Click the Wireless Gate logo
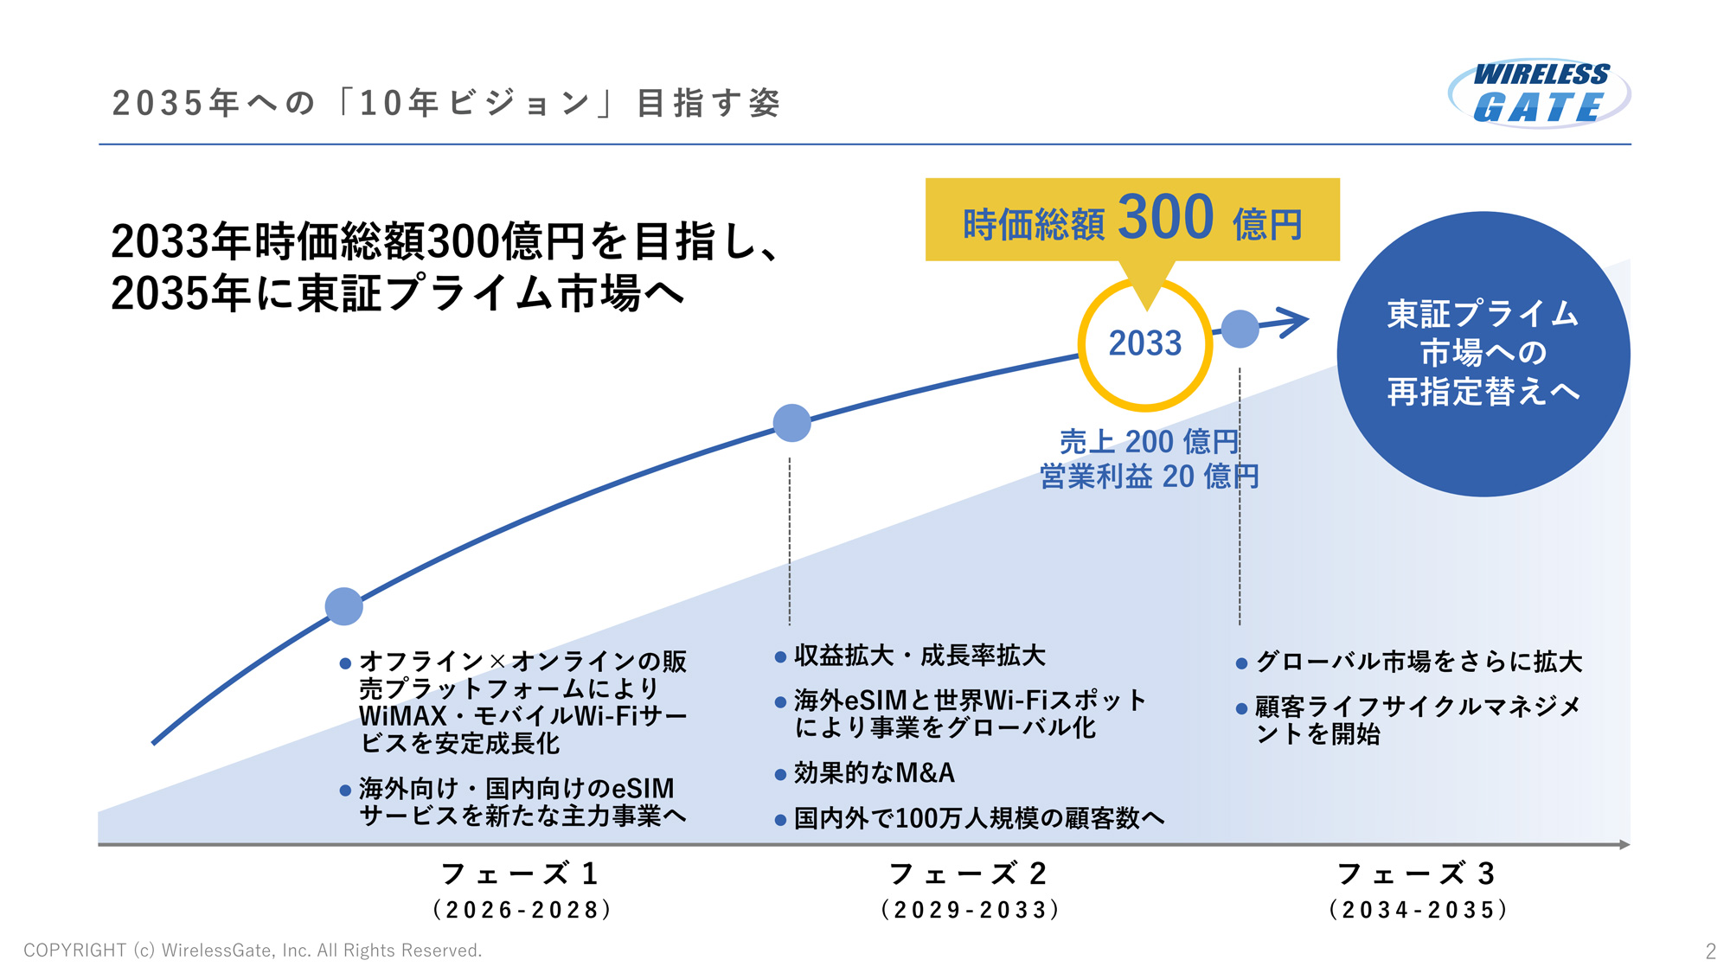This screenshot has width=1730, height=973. [x=1539, y=93]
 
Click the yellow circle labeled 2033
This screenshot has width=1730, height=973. [x=1144, y=343]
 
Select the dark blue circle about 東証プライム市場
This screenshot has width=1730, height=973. [x=1483, y=354]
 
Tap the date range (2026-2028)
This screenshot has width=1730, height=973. [x=522, y=910]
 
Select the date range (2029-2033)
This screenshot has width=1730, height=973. [x=970, y=910]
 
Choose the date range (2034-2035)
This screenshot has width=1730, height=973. [x=1419, y=910]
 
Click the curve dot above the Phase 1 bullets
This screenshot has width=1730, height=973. [x=343, y=606]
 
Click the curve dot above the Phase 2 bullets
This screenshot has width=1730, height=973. [x=791, y=423]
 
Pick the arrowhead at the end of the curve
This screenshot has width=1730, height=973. [x=1294, y=322]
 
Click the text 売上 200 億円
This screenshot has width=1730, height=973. [x=1149, y=442]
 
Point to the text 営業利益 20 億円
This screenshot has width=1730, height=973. [x=1149, y=477]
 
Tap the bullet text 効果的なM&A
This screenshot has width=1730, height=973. [x=874, y=773]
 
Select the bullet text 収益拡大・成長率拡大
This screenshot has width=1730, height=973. [x=919, y=656]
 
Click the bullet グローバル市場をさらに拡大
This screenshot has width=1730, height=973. [x=1419, y=662]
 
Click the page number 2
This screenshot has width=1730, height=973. [x=1710, y=951]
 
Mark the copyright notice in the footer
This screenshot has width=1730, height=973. [x=253, y=951]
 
